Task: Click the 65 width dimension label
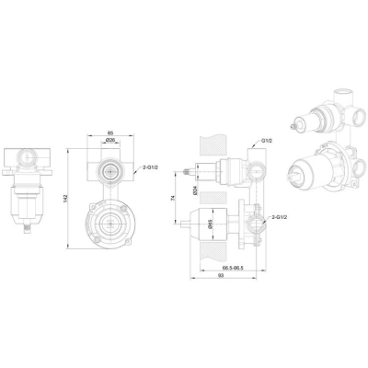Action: (110, 132)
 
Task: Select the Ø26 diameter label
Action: (110, 140)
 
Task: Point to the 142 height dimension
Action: (65, 199)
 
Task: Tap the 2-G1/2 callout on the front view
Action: (150, 167)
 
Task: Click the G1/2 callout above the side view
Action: (267, 141)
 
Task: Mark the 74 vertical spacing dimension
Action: (172, 198)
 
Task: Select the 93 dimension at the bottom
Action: (221, 276)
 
